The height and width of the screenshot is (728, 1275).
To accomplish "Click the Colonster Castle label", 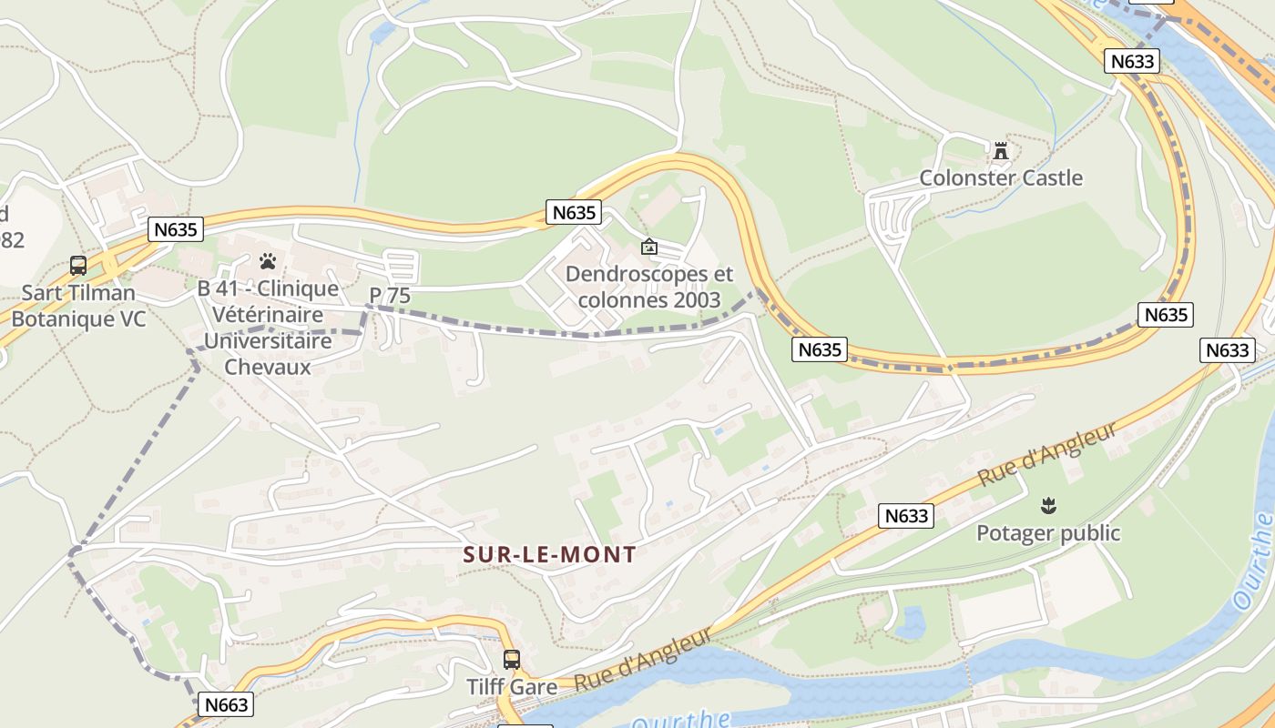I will coord(1001,177).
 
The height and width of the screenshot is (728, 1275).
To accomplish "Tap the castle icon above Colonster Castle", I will coord(1001,151).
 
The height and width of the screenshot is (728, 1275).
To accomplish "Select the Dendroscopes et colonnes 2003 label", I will coord(648,287).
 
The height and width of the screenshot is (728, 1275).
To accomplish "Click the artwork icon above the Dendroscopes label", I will coord(649,247).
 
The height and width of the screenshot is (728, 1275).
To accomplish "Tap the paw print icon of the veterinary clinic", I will coord(267,262).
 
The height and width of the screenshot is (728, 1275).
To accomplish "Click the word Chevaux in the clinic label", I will coord(268,368).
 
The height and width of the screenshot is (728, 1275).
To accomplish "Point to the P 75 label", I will coord(389,296).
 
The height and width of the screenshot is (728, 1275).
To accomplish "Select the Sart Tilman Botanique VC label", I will coord(78,306).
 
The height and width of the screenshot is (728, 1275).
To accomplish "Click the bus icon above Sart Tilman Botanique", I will coord(78,266).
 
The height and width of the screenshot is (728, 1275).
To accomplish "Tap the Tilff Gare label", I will coord(512,687).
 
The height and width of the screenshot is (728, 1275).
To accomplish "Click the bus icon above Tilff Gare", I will coord(512,659).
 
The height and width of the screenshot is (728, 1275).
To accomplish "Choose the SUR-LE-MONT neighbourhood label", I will coord(550,554).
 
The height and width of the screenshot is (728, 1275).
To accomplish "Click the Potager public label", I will coord(1048,532).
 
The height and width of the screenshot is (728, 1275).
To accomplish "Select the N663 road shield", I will coord(225,704).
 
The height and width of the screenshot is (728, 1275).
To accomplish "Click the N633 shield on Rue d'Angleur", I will coord(907,516).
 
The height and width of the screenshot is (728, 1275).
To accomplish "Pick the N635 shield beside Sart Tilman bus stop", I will coord(176,229).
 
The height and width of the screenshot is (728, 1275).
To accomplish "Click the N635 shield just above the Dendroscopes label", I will coord(574,213).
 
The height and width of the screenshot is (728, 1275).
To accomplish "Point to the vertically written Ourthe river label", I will coord(1253,561).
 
